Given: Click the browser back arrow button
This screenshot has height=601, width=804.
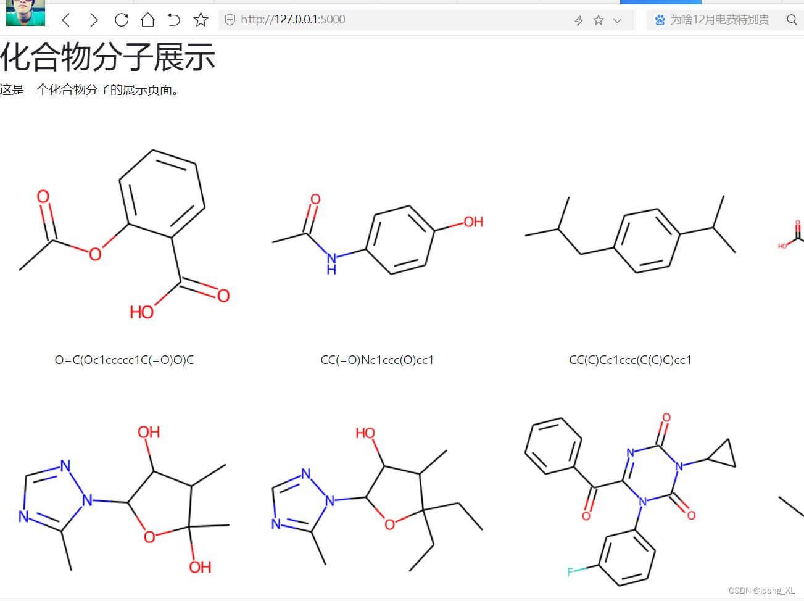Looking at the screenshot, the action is pyautogui.click(x=67, y=20).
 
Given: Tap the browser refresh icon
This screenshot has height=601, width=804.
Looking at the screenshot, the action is pyautogui.click(x=122, y=20).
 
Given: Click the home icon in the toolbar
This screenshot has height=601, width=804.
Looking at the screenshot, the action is pyautogui.click(x=147, y=20).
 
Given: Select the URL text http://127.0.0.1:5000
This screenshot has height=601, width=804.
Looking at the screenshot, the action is pyautogui.click(x=292, y=20).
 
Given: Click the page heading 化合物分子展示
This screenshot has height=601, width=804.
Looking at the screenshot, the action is pyautogui.click(x=108, y=57).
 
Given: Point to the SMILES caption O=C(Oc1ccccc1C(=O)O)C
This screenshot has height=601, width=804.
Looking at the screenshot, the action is pyautogui.click(x=124, y=360).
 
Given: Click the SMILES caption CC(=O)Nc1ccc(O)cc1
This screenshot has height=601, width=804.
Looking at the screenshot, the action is pyautogui.click(x=377, y=360).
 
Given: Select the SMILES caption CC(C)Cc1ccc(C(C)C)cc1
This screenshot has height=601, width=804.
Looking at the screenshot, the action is pyautogui.click(x=630, y=360).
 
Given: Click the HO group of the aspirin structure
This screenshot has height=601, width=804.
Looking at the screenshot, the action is pyautogui.click(x=141, y=312).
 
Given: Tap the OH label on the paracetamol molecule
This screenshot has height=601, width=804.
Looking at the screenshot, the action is pyautogui.click(x=473, y=222).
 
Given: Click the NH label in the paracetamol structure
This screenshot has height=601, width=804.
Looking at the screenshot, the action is pyautogui.click(x=332, y=263).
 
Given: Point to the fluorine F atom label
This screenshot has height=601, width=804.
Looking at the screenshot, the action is pyautogui.click(x=570, y=572).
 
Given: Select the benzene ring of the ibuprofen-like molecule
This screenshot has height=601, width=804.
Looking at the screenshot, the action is pyautogui.click(x=647, y=241).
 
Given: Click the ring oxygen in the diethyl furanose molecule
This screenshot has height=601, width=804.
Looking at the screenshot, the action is pyautogui.click(x=389, y=524).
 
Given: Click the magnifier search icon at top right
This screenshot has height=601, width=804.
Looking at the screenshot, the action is pyautogui.click(x=792, y=20).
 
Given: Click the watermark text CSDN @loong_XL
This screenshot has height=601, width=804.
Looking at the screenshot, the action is pyautogui.click(x=761, y=591).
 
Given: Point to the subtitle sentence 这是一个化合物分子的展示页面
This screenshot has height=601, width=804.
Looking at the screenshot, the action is pyautogui.click(x=89, y=90).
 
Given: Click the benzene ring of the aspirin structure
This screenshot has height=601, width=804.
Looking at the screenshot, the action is pyautogui.click(x=162, y=194).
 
